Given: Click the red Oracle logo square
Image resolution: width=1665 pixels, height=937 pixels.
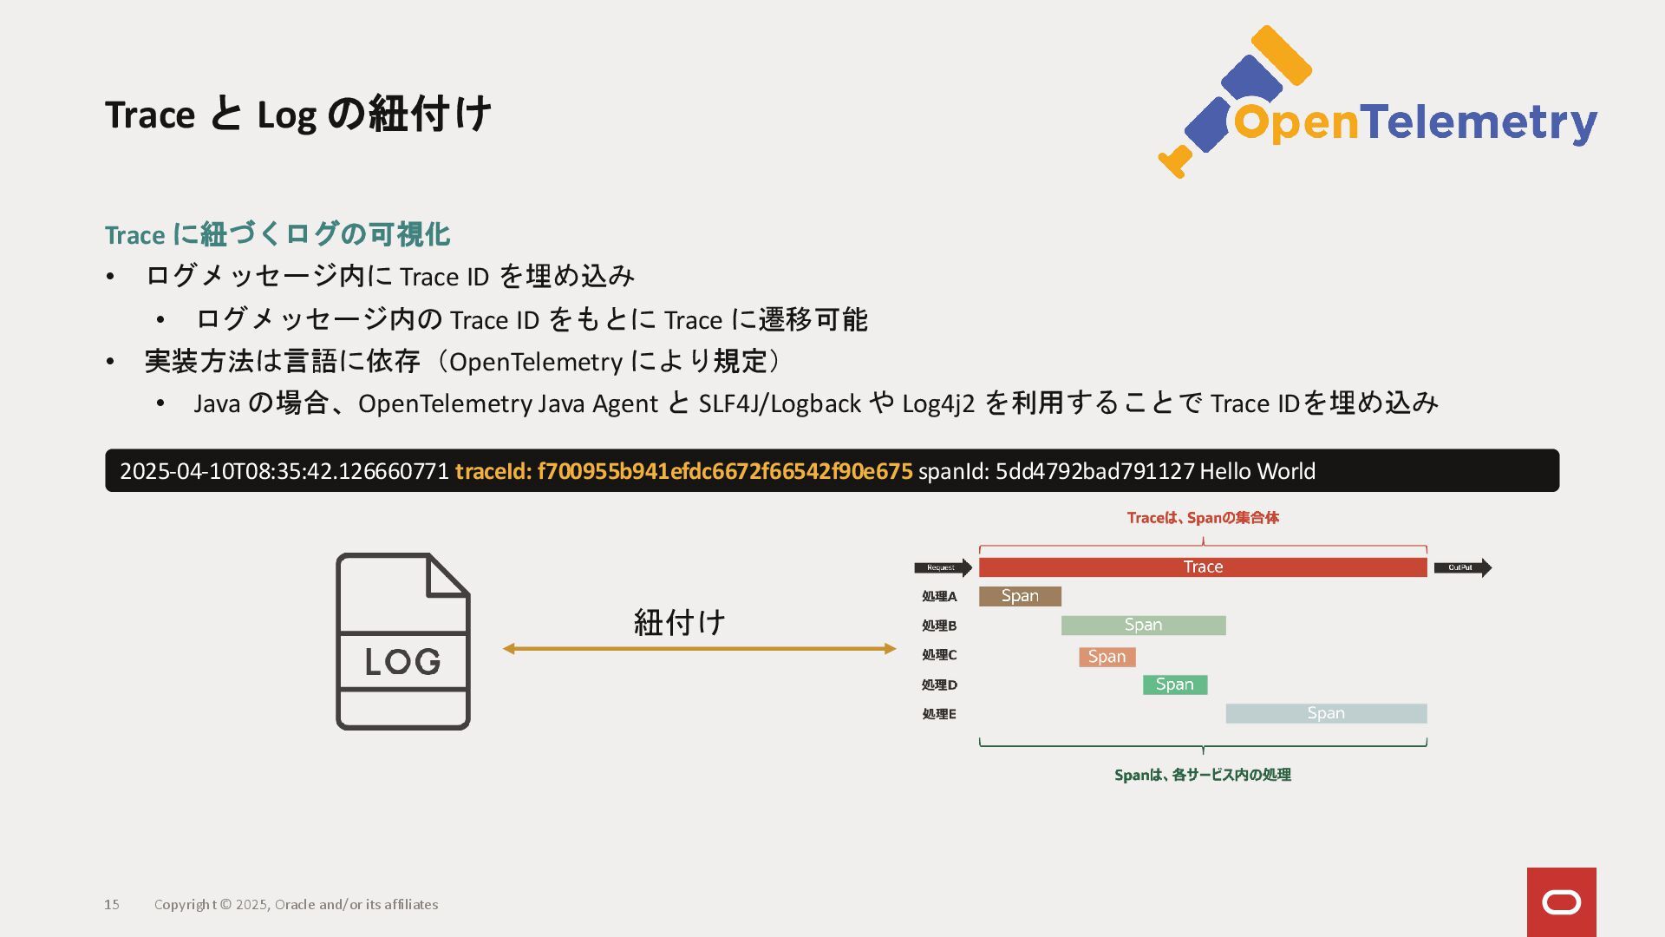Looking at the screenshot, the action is click(x=1561, y=901).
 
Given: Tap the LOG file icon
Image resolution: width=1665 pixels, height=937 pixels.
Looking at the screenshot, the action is click(x=402, y=642).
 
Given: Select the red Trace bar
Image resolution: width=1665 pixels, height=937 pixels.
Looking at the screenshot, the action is click(x=1202, y=567).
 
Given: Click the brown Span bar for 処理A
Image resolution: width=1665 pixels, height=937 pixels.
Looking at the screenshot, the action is click(x=1020, y=596).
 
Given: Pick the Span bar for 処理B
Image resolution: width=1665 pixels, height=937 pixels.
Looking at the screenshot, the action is click(x=1143, y=626).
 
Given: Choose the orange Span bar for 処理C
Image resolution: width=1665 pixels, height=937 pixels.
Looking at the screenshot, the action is click(x=1107, y=657).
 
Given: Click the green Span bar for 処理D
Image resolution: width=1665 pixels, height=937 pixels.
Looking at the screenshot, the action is click(x=1174, y=685).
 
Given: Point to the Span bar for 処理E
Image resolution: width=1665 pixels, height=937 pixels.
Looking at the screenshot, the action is click(x=1325, y=713).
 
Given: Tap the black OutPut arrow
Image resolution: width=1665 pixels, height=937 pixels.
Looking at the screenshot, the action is click(x=1462, y=568).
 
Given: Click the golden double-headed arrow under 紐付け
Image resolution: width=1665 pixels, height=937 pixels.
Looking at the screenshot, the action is click(x=699, y=649).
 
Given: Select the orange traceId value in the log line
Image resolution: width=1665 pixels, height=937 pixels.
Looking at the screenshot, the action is click(x=724, y=471).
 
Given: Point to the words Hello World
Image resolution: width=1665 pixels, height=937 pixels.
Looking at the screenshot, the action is click(x=1257, y=471).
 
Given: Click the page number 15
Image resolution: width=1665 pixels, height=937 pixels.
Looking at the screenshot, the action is click(x=112, y=904).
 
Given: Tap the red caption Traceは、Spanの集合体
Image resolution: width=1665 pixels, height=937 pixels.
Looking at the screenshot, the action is click(x=1202, y=518).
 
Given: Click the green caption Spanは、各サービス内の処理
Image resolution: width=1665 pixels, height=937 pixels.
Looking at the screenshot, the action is click(x=1202, y=775).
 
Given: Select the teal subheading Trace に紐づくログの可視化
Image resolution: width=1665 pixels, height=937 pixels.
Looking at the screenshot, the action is click(x=277, y=234).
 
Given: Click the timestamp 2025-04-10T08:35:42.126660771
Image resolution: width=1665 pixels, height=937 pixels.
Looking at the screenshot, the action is click(x=284, y=471).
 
